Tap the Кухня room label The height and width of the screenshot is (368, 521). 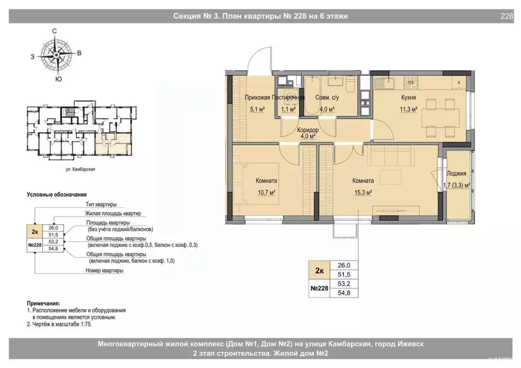(x=409, y=98)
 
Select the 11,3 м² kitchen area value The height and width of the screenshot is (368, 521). (x=409, y=109)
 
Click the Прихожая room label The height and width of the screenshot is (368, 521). (x=257, y=98)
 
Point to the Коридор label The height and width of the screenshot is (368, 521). (x=308, y=130)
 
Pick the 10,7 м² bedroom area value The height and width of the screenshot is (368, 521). (x=267, y=193)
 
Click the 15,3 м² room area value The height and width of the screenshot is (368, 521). (x=363, y=193)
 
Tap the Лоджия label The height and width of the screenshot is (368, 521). (x=456, y=173)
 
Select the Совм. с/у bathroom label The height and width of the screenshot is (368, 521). (x=327, y=98)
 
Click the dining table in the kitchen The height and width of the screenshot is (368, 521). (x=440, y=118)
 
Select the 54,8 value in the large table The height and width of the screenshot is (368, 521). (x=344, y=293)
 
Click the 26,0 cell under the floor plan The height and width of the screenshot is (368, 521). (x=344, y=265)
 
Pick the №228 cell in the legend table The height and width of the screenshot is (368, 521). (x=35, y=245)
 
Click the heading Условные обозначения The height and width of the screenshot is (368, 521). (x=57, y=195)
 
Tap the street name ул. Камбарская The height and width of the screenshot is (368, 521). (x=80, y=169)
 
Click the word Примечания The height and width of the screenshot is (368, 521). (x=44, y=303)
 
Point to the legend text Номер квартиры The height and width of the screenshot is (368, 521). (x=104, y=270)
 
